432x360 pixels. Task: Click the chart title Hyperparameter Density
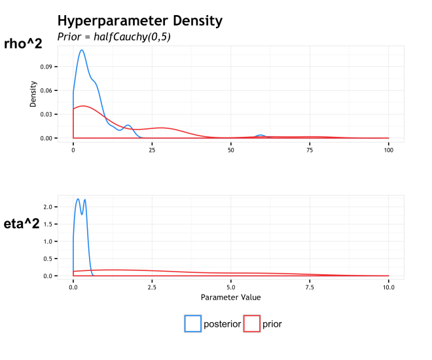[140, 21]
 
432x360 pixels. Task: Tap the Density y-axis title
[33, 94]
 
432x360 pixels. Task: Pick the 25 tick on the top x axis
[152, 150]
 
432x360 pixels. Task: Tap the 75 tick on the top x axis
[310, 150]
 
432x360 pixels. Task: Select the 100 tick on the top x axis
[388, 150]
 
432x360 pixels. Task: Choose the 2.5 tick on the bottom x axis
[152, 287]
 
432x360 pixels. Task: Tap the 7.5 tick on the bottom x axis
[310, 287]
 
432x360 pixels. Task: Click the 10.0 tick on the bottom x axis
[388, 287]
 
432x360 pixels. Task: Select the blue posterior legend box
[193, 323]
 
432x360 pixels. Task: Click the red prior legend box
[251, 323]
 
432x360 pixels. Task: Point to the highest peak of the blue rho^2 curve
[82, 50]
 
